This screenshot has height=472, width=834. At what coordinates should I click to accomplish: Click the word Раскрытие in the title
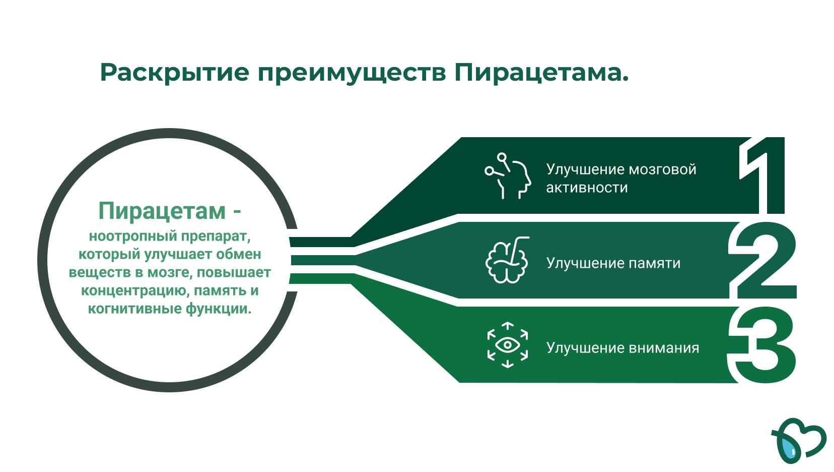[x=175, y=73]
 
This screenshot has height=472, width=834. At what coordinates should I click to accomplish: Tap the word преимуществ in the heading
[x=352, y=73]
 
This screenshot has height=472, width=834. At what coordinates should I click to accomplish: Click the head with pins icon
[x=508, y=175]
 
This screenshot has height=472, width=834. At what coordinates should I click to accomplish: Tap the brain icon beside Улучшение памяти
[x=507, y=260]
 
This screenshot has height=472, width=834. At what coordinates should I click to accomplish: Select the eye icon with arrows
[x=508, y=345]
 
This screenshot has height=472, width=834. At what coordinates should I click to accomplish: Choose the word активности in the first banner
[x=587, y=188]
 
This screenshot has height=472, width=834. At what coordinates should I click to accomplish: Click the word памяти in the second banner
[x=655, y=264]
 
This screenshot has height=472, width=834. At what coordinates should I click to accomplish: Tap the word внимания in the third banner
[x=664, y=348]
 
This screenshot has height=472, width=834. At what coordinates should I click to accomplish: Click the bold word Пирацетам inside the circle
[x=162, y=211]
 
